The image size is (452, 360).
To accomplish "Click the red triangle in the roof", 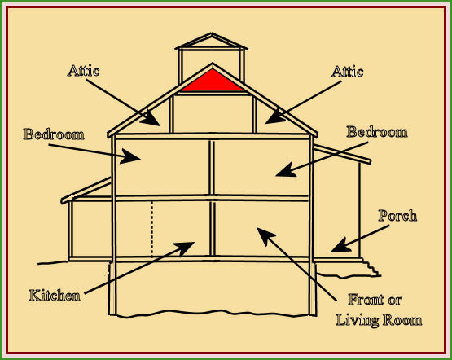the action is coord(213,83).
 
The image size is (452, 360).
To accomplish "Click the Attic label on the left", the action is coord(84,71).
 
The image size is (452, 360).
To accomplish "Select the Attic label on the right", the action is coord(347,71).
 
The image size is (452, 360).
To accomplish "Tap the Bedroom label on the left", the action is coord(54,134).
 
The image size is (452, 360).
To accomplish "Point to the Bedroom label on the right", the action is coord(377,132).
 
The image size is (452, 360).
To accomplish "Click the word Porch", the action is coord(397,215).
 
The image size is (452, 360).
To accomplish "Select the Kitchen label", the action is coord(55,296).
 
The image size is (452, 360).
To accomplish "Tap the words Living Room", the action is coord(379,320).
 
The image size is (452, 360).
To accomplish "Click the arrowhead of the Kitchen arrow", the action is coord(186,248).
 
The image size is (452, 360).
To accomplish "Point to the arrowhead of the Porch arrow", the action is coord(340,246).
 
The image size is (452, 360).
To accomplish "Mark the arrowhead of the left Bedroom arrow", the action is coord(130,156).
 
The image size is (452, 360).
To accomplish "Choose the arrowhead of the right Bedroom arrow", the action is coord(285,170).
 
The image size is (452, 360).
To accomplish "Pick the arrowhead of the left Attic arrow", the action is coord(151,119).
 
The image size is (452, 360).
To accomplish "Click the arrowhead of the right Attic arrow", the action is coord(274,117).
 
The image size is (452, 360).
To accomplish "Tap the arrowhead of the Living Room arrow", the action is coord(265,235).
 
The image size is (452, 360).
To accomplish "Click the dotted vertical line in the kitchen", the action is coord(152,229).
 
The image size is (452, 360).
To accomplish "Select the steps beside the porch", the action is coord(371,267).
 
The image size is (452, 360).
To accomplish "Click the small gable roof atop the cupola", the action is coord(211,41).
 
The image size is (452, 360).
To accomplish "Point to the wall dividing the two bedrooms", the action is coord(212,167).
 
